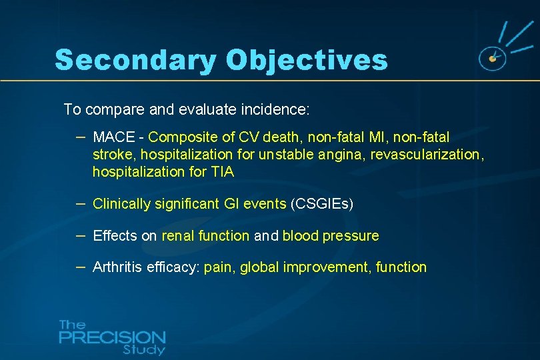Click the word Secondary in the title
(x=135, y=59)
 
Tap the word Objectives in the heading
(x=307, y=59)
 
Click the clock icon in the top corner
(x=493, y=59)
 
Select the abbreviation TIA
(x=222, y=172)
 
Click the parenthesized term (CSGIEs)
(x=322, y=204)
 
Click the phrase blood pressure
(x=331, y=235)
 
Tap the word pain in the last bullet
(x=219, y=267)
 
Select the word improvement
(x=327, y=267)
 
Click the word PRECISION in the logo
(x=112, y=337)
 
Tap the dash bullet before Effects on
(x=80, y=235)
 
